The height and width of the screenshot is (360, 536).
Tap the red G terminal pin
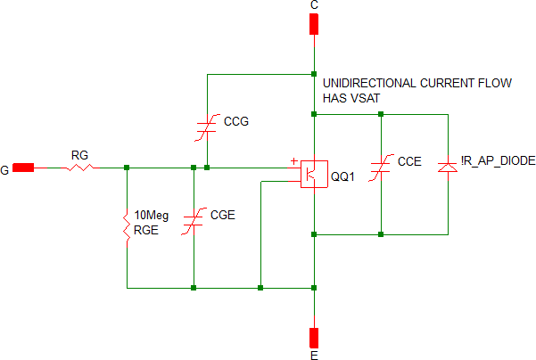tap(24, 167)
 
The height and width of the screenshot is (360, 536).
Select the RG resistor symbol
tap(79, 167)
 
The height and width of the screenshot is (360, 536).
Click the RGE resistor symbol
tap(127, 223)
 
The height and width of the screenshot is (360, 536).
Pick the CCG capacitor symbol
tap(206, 127)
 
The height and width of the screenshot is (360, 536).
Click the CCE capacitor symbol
tap(381, 166)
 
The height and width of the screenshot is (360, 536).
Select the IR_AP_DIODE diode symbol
tap(447, 166)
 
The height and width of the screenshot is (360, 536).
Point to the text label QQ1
tap(342, 176)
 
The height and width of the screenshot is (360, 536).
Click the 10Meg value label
tap(151, 216)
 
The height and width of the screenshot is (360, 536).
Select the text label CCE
tap(409, 162)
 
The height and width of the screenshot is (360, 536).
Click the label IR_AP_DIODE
tap(498, 161)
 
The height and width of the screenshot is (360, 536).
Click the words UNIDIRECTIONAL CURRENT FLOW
tap(416, 83)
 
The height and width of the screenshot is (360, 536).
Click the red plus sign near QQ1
tap(293, 161)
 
